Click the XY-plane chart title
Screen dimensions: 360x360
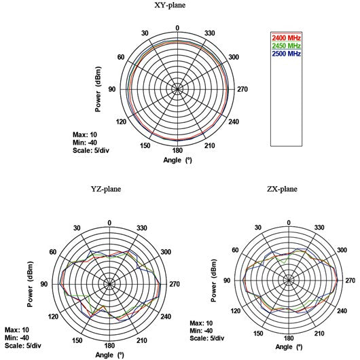click(170, 5)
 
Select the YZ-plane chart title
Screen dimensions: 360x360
click(106, 189)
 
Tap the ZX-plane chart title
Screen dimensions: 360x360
click(282, 189)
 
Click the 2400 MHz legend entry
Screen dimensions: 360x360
click(286, 37)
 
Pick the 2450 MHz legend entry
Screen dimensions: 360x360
click(286, 46)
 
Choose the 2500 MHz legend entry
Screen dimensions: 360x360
click(286, 54)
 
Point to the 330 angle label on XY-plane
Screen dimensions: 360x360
click(210, 33)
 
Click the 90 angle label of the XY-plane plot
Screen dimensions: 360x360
click(112, 89)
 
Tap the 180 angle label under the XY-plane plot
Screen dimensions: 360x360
click(177, 150)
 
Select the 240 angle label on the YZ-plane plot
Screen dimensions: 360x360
click(166, 317)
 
